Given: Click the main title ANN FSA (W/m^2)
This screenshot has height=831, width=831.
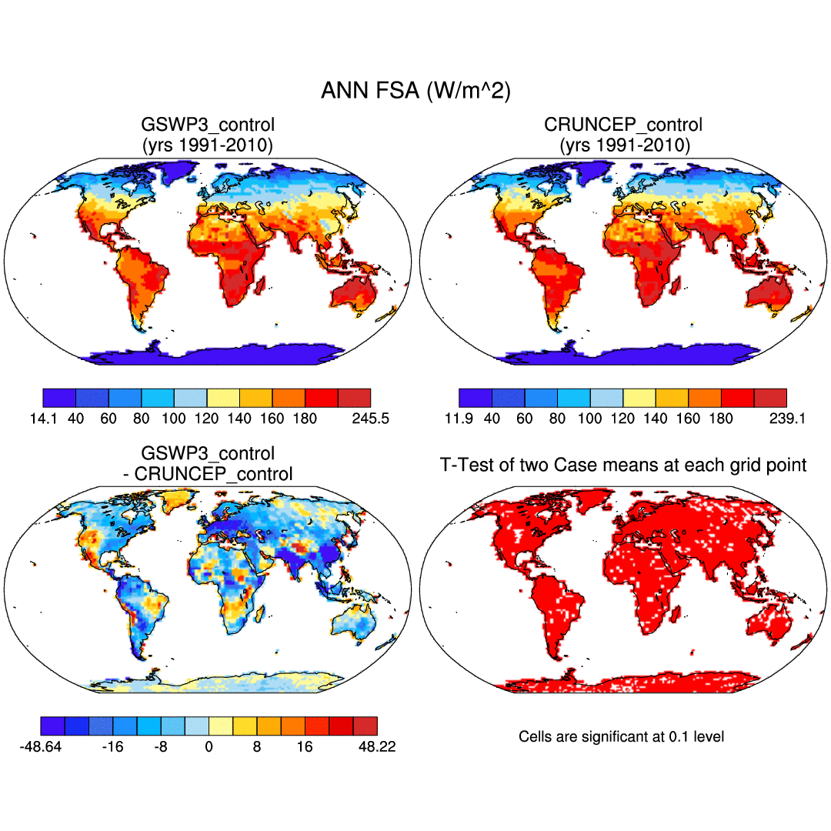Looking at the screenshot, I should [415, 92].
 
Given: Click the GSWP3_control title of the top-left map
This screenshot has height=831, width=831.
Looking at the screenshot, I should [208, 125].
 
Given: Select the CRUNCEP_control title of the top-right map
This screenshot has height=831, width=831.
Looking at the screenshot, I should [623, 125].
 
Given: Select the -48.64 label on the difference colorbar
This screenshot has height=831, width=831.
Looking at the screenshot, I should [45, 747].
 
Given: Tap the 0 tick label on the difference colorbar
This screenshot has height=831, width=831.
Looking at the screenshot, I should [209, 747].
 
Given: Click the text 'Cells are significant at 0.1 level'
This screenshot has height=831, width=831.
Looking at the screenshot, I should [622, 737].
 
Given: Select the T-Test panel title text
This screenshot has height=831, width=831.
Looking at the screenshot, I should [623, 465].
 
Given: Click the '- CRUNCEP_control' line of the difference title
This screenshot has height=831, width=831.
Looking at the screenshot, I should [208, 474].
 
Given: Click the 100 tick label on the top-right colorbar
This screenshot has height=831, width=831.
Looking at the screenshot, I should [590, 419].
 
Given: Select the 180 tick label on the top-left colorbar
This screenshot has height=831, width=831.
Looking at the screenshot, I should [305, 419].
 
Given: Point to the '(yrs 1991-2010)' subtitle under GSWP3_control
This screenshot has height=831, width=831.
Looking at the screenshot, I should [208, 145].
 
